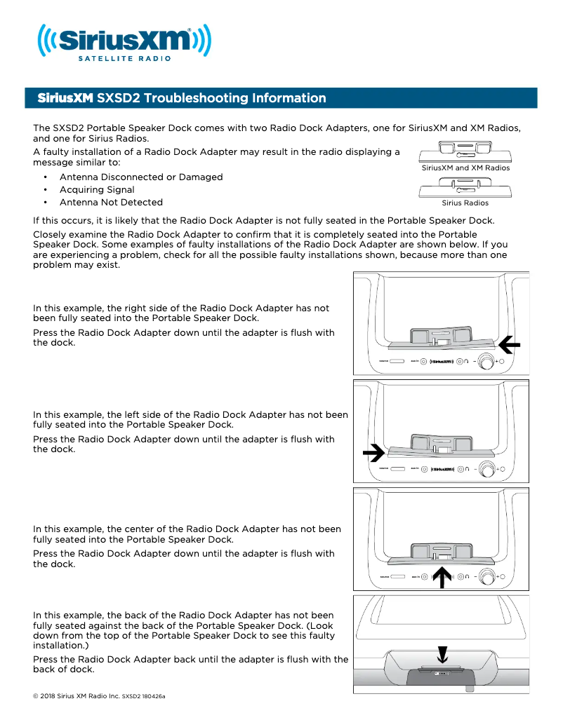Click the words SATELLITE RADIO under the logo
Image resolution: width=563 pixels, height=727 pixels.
tap(124, 59)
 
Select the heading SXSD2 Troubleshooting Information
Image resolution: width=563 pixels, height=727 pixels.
tap(182, 98)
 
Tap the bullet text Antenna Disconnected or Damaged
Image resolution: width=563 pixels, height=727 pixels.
tap(141, 177)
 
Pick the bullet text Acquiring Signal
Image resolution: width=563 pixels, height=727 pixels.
tap(97, 190)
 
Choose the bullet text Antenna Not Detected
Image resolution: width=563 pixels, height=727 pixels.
tap(111, 203)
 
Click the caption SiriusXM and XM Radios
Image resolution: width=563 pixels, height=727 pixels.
tap(465, 168)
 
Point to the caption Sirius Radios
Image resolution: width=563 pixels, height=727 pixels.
tap(465, 203)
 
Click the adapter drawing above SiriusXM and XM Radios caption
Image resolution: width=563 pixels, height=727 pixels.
tap(465, 151)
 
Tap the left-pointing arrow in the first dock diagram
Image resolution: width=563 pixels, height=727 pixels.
tap(510, 344)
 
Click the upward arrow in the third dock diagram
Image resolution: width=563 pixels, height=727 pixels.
tap(441, 576)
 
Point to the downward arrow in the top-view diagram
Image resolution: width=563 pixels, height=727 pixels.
tap(442, 653)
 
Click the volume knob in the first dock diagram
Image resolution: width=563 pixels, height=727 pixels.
tap(486, 362)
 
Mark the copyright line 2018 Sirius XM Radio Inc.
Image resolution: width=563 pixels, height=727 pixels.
tap(77, 697)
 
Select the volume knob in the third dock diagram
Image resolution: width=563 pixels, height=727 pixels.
tap(486, 577)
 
